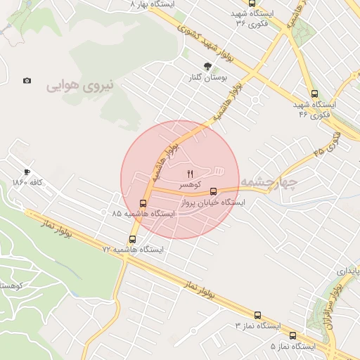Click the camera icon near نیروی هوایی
coord(27,81)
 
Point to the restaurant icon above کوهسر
coord(190,174)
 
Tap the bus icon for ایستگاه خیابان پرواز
coord(214,191)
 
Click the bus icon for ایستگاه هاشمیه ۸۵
coord(143,203)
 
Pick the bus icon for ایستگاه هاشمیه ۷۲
coord(132,238)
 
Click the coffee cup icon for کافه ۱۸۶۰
coord(27,172)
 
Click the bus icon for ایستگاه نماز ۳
coord(257,316)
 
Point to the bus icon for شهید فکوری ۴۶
coord(314,93)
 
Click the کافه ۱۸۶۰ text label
coord(27,183)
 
